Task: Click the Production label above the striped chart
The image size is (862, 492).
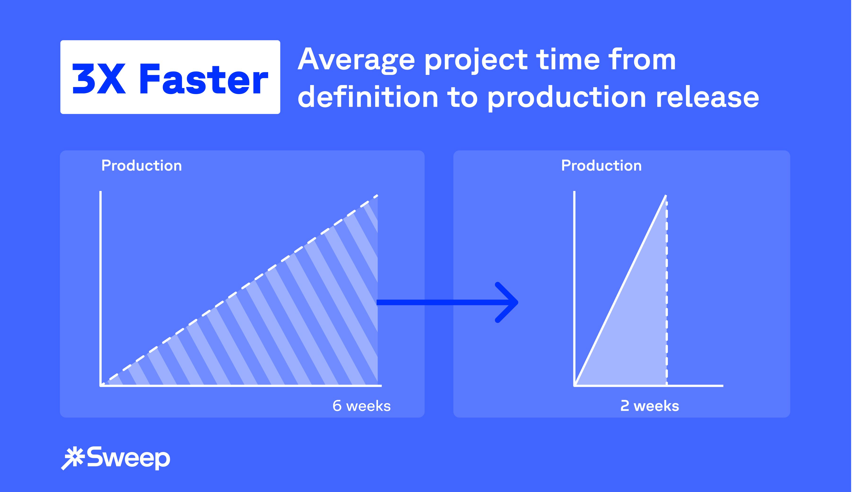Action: (142, 166)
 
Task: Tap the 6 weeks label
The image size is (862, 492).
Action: (361, 406)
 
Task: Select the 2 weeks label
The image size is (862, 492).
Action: (649, 406)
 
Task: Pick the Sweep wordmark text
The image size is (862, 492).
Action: (128, 458)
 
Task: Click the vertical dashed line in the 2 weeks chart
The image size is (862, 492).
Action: (667, 293)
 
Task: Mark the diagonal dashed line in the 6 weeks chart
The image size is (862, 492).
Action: (239, 290)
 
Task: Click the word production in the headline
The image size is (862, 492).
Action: (567, 97)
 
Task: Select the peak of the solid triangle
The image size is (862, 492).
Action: (666, 196)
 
